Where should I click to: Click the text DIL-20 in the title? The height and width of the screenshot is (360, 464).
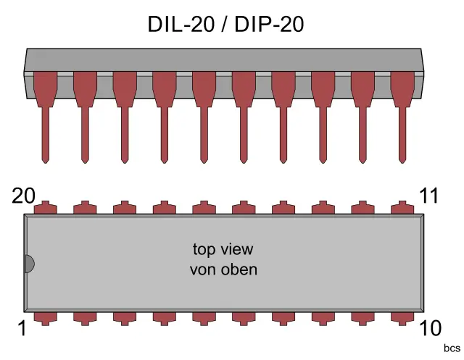[181, 25]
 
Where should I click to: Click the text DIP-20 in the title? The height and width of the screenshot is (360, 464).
[265, 25]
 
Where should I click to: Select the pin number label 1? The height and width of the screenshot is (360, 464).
[22, 329]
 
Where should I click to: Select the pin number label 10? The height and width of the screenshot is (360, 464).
[434, 329]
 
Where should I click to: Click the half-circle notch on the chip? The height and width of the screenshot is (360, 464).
[29, 264]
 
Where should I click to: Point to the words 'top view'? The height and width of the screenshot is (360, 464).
[223, 249]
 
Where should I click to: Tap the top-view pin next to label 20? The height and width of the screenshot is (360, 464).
[46, 208]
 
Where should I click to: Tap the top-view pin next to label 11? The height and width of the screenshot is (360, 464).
[402, 208]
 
